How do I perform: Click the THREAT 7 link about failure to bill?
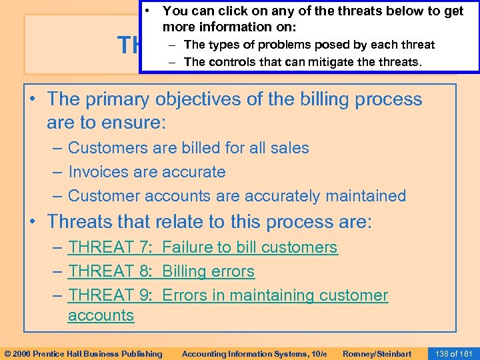point(203,247)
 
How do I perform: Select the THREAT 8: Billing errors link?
point(161,271)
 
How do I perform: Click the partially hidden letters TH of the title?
point(129,45)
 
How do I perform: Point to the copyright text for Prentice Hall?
point(83,353)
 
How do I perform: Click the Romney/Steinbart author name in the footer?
point(376,353)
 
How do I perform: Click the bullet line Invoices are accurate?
point(147,172)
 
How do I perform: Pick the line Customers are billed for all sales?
point(189,148)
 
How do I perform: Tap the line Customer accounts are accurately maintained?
point(237,196)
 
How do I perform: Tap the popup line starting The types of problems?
point(309,45)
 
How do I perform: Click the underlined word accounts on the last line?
point(101,315)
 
